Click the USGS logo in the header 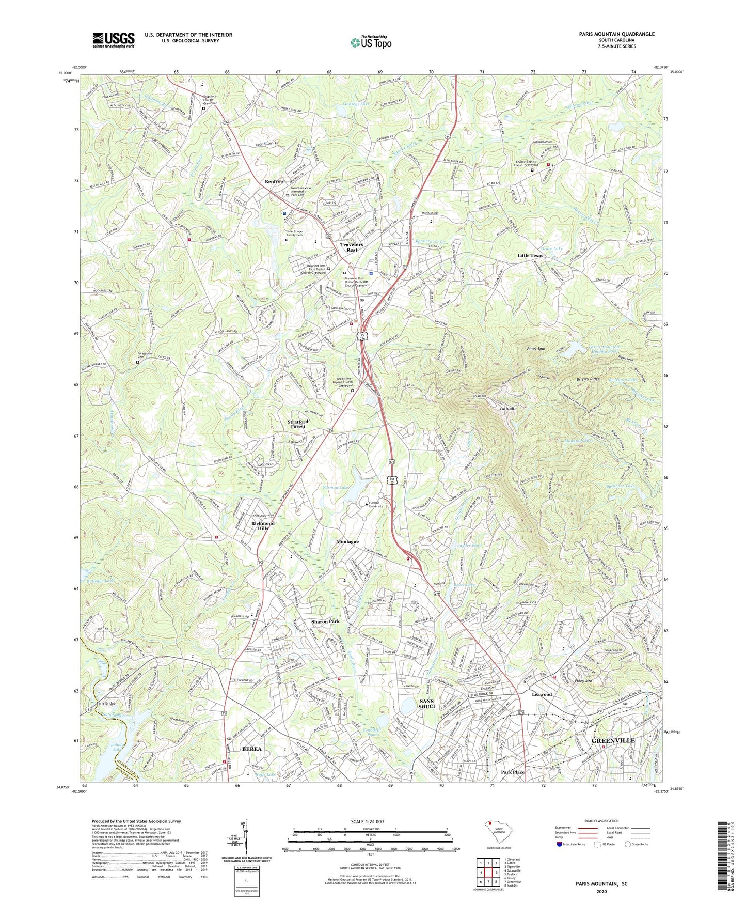point(114,40)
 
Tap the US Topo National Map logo point(371,42)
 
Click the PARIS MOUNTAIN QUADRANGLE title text point(616,34)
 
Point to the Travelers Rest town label point(352,247)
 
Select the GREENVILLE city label point(613,740)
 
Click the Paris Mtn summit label point(508,409)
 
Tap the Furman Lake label point(337,487)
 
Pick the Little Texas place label point(531,256)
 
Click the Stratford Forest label point(297,424)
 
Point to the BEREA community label point(252,749)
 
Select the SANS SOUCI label point(426,704)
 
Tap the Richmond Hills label point(263,525)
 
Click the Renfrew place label point(274,182)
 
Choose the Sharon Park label point(325,621)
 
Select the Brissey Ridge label point(588,379)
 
